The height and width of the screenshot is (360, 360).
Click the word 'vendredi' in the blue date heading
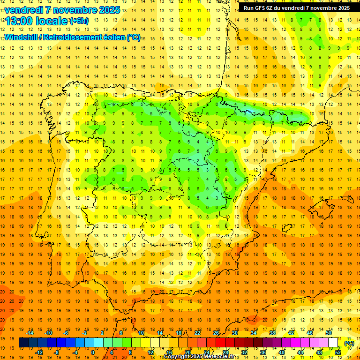click(23, 10)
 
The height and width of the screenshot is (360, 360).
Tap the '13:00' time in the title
click(19, 21)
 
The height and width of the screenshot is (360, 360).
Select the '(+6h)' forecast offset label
click(79, 21)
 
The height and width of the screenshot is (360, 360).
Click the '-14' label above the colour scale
click(30, 333)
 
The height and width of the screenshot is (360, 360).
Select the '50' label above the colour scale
click(329, 333)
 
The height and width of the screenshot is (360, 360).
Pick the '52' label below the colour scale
click(337, 352)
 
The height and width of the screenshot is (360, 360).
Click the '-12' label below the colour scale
click(39, 352)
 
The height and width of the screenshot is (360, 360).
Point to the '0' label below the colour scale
click(93, 352)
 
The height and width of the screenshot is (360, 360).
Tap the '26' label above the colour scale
click(216, 333)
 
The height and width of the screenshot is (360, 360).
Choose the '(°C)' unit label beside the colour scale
click(349, 343)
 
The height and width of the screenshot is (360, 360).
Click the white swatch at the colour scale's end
click(333, 343)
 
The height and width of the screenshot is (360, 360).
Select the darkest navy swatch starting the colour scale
click(23, 343)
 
